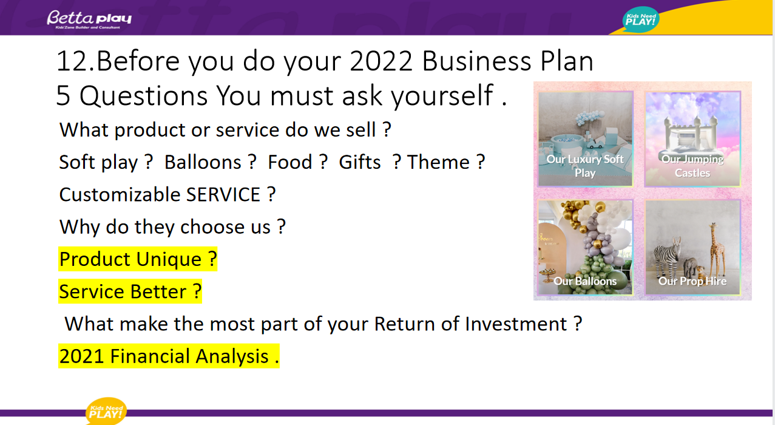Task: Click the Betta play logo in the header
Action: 89,19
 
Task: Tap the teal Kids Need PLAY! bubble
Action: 641,19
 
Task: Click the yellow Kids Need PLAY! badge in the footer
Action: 106,411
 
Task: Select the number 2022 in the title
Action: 381,61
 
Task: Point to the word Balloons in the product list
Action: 203,162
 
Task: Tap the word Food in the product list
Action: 290,162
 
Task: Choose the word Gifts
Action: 360,162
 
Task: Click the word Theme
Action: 438,162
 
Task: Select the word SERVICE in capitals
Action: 223,194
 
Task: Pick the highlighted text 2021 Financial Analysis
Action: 169,356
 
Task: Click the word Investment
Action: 515,324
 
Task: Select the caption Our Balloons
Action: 585,281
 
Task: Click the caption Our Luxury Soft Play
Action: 585,166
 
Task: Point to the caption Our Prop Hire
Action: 692,281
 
